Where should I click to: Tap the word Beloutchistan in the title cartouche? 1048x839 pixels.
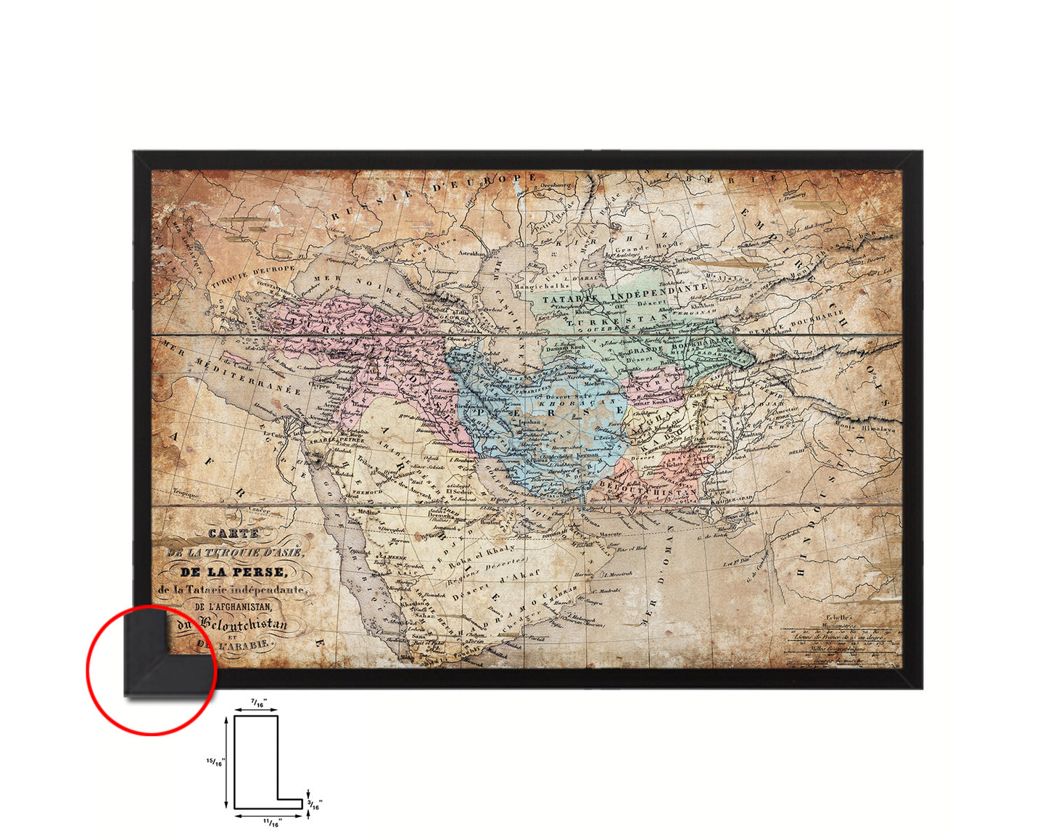243,623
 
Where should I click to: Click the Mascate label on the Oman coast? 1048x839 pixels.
609,535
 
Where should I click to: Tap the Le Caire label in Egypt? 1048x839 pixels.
273,434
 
